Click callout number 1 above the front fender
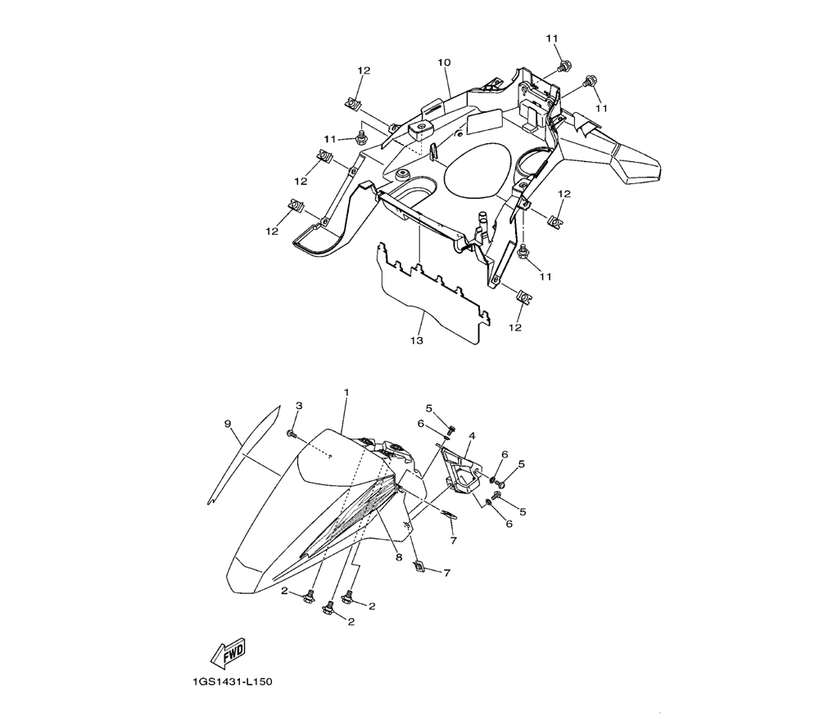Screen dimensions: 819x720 (346, 391)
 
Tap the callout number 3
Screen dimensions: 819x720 (299, 405)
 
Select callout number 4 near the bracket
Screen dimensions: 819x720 (472, 435)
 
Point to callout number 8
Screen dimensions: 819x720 (399, 557)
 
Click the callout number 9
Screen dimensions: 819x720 (228, 424)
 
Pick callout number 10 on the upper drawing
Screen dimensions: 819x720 (444, 63)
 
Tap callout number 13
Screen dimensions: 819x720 (416, 340)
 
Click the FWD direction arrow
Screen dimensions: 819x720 (228, 652)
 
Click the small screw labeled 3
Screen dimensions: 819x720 (291, 434)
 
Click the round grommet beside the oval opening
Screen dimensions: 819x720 (402, 173)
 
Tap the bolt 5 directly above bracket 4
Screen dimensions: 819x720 (452, 430)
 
